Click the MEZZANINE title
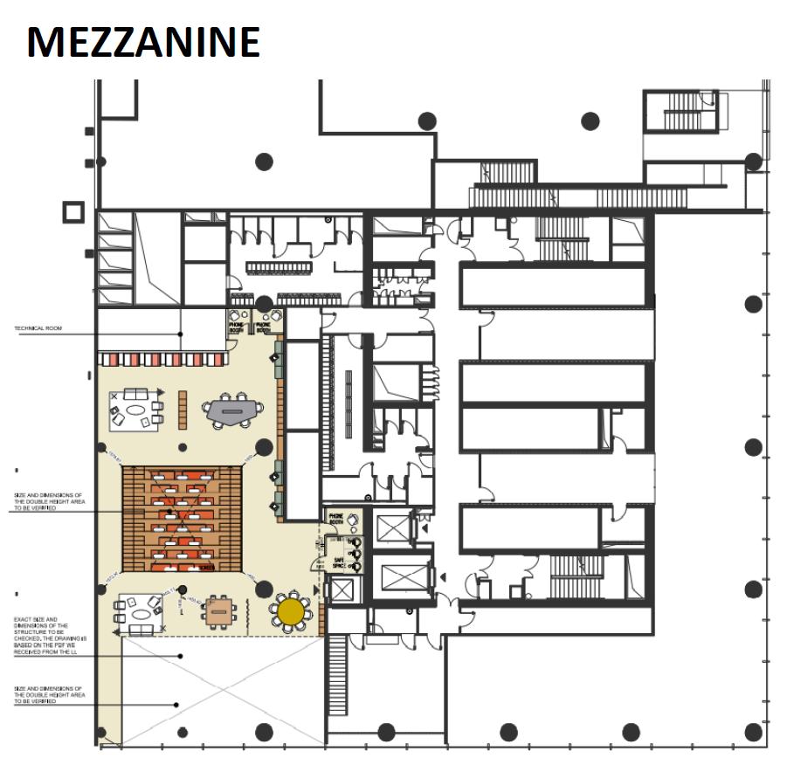(x=143, y=42)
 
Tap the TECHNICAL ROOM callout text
(x=39, y=329)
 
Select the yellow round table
(x=290, y=609)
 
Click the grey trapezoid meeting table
(x=231, y=409)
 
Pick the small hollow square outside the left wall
(x=72, y=211)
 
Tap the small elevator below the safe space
(x=340, y=590)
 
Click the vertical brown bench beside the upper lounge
(x=183, y=409)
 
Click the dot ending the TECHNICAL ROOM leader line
(x=181, y=334)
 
